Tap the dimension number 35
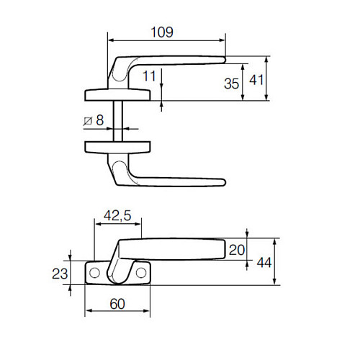(230, 84)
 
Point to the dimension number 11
(149, 76)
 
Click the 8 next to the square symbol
(99, 120)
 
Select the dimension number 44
(264, 262)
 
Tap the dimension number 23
(60, 273)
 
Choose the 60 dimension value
(118, 303)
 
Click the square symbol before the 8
(87, 120)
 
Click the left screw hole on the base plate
(94, 273)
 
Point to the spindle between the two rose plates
(117, 120)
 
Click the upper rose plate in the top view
(117, 94)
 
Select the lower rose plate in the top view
(117, 147)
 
